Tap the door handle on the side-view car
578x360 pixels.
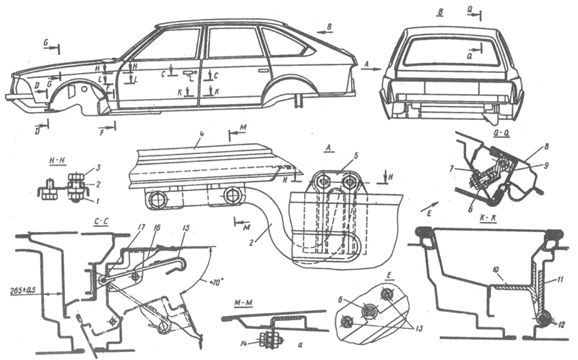(x=189, y=74)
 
